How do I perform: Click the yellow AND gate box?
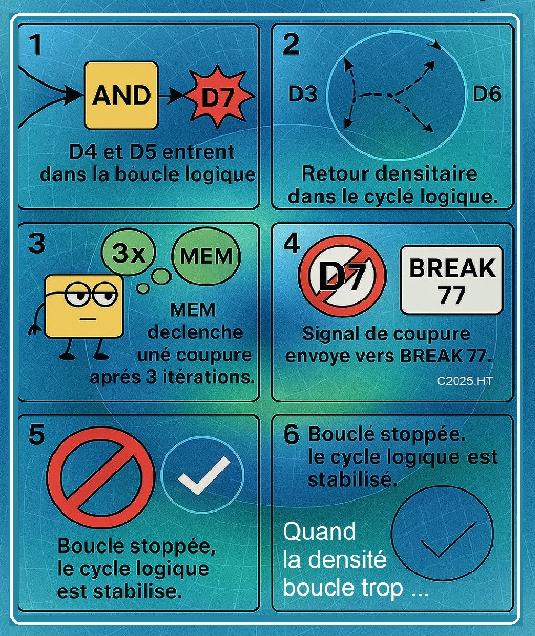click(x=121, y=96)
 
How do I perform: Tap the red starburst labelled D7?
click(x=219, y=96)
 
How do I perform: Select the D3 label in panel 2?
click(x=303, y=94)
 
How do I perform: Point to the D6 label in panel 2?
click(x=487, y=94)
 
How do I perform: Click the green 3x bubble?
click(x=128, y=253)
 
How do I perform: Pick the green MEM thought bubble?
click(x=206, y=256)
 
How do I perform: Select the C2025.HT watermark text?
click(x=464, y=381)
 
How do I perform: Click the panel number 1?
click(x=36, y=45)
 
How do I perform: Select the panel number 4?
click(x=292, y=244)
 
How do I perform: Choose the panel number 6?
click(x=292, y=435)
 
